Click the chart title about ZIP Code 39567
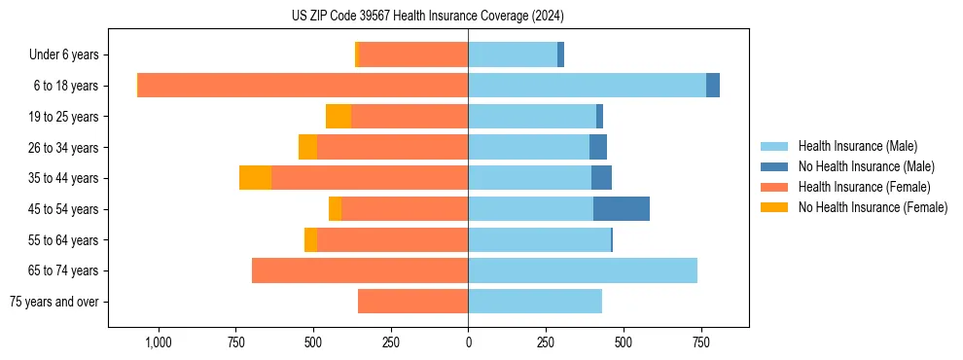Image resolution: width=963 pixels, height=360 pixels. (428, 16)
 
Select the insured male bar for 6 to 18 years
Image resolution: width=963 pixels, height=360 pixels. (587, 86)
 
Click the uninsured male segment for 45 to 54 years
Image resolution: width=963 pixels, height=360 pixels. (622, 209)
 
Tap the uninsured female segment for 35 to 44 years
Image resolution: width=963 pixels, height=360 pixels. (255, 178)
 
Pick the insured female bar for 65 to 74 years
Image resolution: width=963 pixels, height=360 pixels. (360, 270)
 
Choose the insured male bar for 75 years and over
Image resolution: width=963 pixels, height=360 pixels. (535, 302)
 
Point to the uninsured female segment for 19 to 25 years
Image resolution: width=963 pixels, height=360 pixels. (339, 117)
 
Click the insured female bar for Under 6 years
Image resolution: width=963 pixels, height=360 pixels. (413, 54)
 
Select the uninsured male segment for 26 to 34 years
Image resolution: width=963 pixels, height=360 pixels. (598, 147)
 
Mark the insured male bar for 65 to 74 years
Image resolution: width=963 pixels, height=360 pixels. (583, 270)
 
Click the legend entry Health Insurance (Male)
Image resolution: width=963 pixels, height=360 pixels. (857, 146)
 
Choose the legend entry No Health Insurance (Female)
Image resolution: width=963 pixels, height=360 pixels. (873, 207)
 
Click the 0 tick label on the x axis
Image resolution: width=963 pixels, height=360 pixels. (468, 342)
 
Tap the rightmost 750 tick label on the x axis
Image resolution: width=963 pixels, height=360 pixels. (700, 342)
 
